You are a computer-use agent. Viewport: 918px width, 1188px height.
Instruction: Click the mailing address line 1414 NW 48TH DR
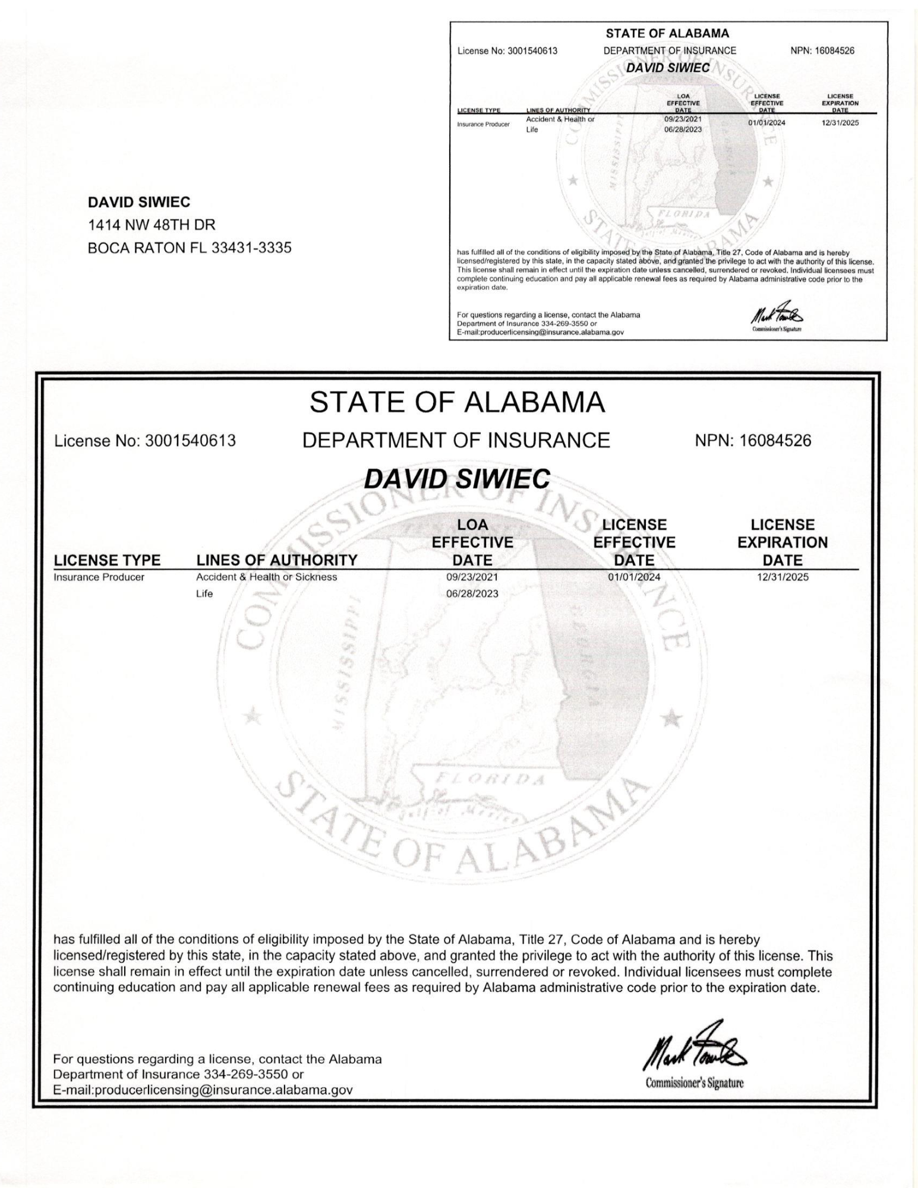pos(151,225)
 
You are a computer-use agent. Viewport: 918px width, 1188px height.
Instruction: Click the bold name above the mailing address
pos(139,202)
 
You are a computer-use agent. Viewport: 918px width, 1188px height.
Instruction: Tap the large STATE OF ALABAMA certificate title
pos(457,403)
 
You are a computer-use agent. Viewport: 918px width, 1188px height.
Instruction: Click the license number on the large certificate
pos(190,441)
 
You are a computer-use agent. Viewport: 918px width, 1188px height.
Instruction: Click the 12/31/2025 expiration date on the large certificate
pos(783,577)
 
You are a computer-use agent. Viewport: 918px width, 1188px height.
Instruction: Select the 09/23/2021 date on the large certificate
pos(472,577)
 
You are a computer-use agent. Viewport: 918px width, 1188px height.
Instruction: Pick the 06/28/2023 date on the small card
pos(683,129)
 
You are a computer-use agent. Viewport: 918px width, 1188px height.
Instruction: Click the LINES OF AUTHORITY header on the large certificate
pos(277,560)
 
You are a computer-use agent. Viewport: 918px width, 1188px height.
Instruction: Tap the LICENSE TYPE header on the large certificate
pos(107,560)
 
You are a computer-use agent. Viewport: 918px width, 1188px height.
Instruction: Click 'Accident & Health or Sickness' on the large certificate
pos(266,577)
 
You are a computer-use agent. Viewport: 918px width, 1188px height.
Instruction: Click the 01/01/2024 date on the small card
pos(766,123)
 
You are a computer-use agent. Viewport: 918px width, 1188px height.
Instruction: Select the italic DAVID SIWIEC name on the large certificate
pos(457,479)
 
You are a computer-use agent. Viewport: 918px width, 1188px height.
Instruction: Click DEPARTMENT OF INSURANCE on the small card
pos(670,50)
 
